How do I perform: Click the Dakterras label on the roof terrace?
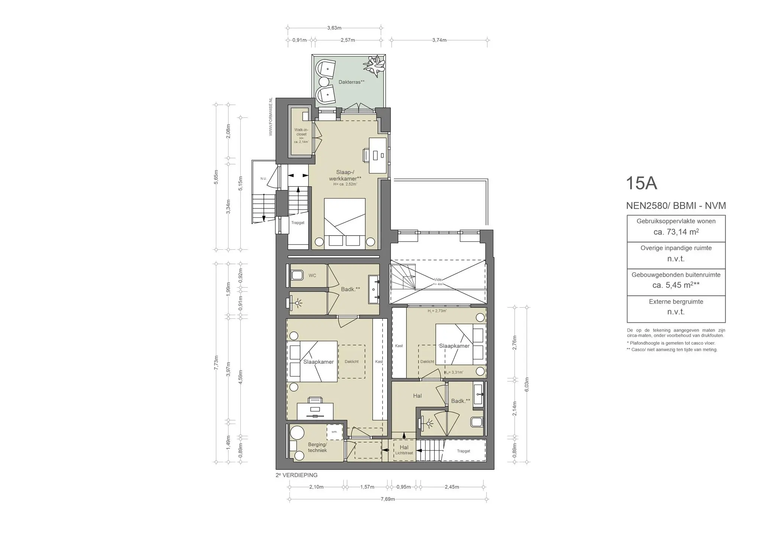(x=351, y=82)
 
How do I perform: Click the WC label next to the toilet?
(x=312, y=276)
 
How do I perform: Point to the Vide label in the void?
(x=438, y=280)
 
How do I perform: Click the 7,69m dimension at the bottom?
(x=387, y=499)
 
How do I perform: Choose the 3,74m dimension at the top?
(x=439, y=40)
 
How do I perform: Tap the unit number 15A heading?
(x=641, y=183)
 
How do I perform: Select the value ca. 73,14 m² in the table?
(x=676, y=232)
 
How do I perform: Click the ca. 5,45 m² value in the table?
(x=676, y=285)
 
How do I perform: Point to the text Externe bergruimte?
(x=676, y=302)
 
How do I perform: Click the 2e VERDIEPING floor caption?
(x=297, y=475)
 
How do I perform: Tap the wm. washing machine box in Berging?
(x=334, y=432)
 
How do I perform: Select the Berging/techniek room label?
(x=317, y=447)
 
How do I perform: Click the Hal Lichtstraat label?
(x=404, y=450)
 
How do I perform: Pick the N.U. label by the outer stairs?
(x=263, y=179)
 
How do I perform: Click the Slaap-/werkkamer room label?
(x=345, y=175)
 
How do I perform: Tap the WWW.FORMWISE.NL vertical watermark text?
(x=271, y=117)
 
